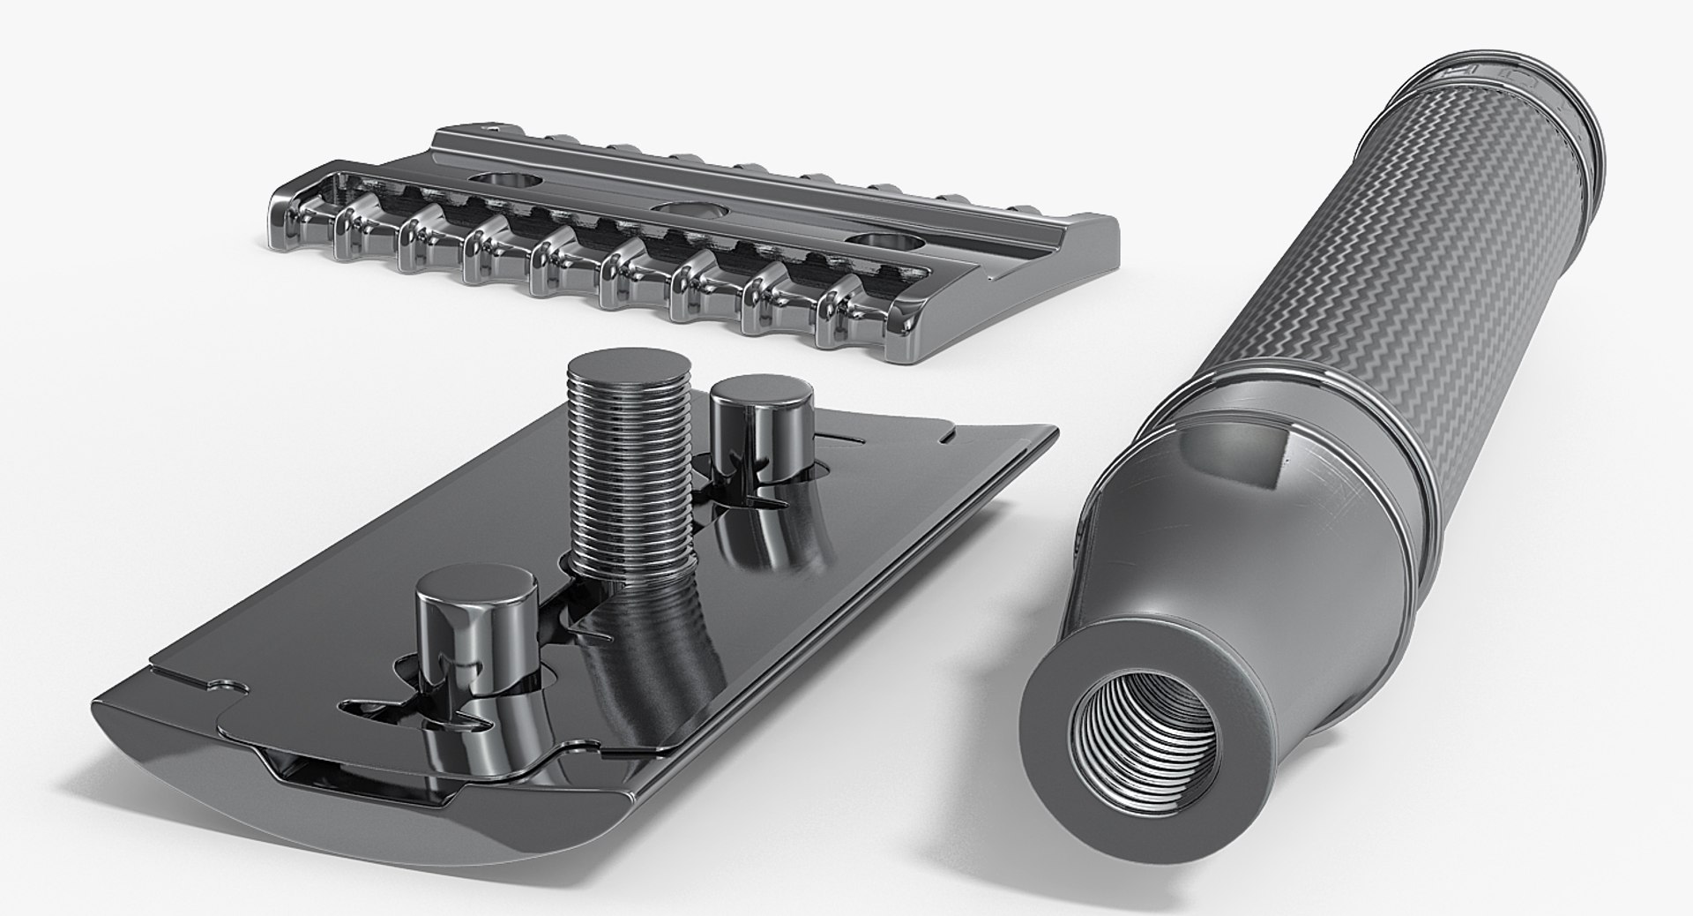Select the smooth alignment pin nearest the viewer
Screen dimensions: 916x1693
click(476, 631)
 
